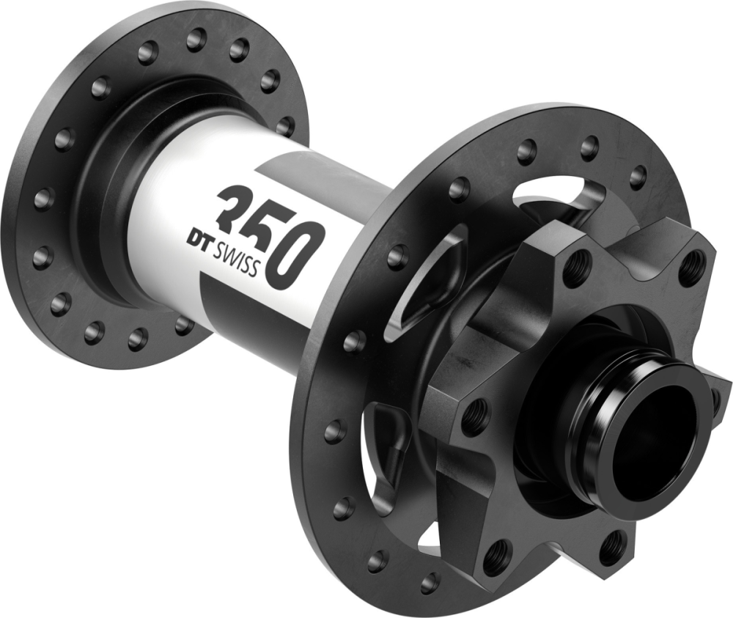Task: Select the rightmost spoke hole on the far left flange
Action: (286, 126)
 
